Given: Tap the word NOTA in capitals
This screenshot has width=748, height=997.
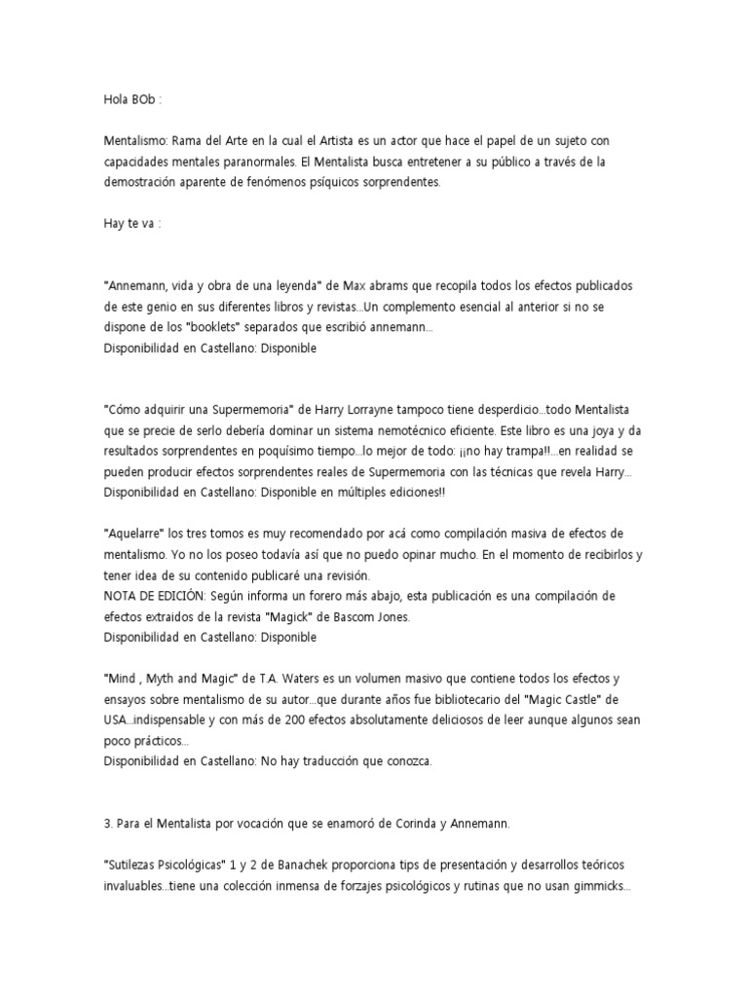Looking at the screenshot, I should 122,596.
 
